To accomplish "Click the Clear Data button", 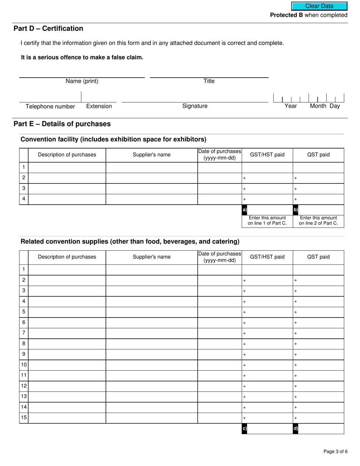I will tap(319, 6).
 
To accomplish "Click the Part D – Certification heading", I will tap(49, 28).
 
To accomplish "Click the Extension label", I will tap(99, 106).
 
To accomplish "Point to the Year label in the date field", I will tap(291, 106).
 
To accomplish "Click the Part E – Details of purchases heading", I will tap(62, 124).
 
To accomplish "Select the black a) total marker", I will tap(244, 210).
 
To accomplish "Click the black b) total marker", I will tap(296, 210).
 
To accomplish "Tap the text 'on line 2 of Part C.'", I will tap(318, 223).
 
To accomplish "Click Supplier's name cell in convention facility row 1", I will tap(152, 167).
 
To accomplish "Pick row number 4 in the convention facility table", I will tap(24, 199).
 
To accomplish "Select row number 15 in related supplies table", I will tap(24, 418).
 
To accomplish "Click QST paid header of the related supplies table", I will tap(318, 257).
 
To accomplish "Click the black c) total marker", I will tap(244, 428).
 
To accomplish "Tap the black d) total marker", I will tap(296, 428).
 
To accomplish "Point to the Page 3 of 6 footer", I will tap(335, 451).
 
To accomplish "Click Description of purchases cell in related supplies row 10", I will tap(67, 365).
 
